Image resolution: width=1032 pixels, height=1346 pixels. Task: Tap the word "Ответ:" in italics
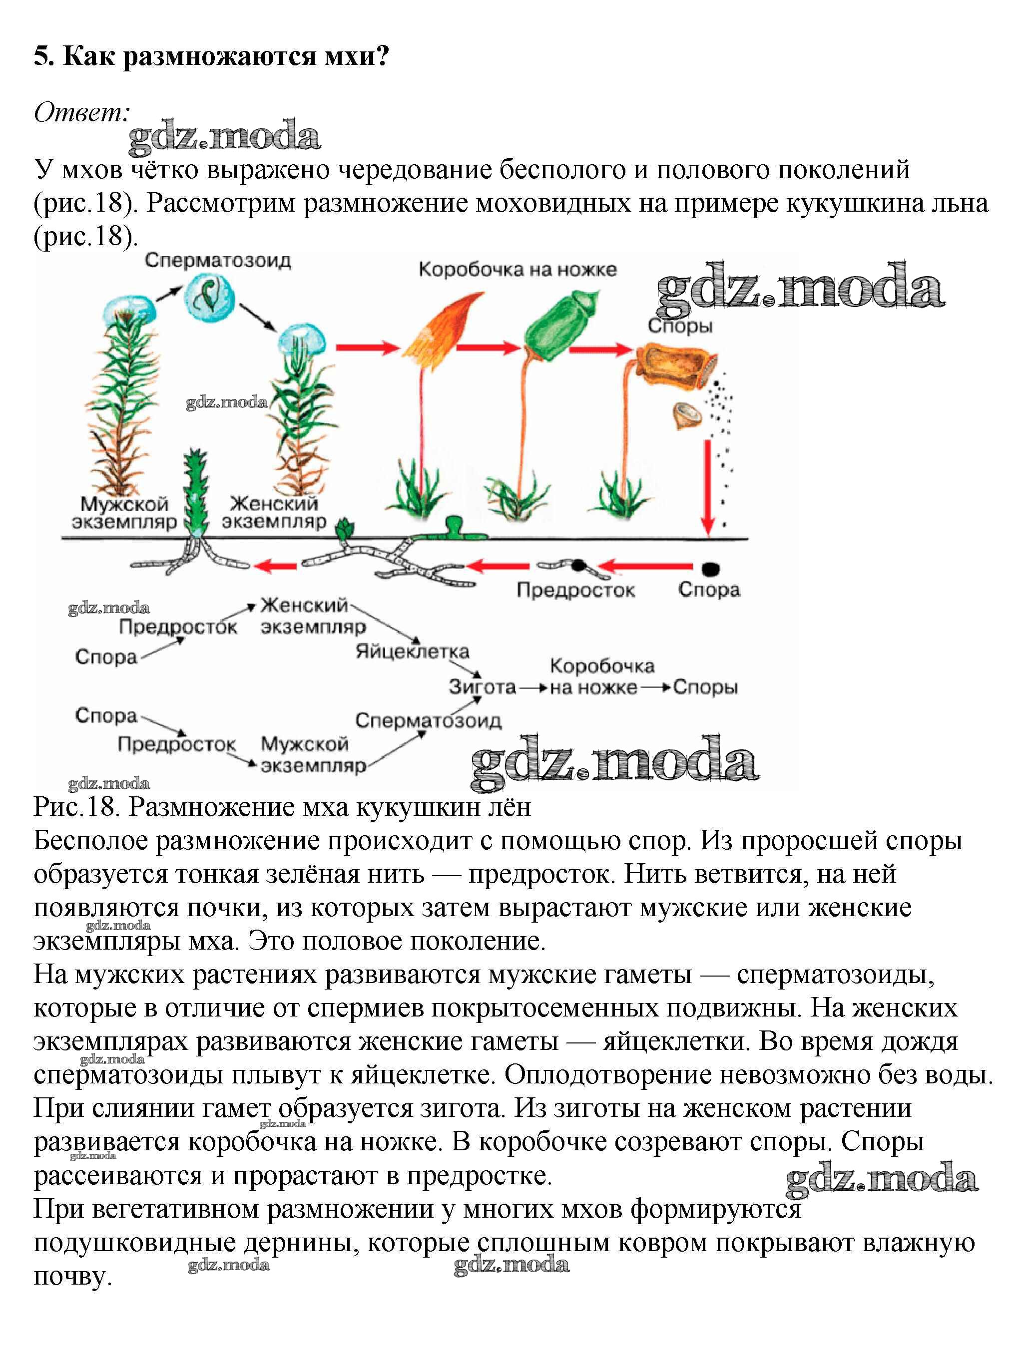point(82,112)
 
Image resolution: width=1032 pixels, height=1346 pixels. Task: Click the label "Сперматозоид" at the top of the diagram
point(218,260)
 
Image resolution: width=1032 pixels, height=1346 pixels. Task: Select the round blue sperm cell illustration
point(209,297)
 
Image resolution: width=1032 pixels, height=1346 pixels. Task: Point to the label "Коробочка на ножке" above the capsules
point(517,270)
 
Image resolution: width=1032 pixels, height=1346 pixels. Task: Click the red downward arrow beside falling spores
point(708,485)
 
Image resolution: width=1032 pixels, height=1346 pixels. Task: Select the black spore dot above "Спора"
point(710,569)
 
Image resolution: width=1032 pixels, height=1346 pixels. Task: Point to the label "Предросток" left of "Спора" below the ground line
point(575,590)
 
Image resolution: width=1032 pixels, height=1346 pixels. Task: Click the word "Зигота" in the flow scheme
point(482,686)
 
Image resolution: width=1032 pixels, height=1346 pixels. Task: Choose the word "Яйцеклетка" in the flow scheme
point(412,651)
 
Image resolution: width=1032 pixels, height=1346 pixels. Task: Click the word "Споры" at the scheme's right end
point(705,686)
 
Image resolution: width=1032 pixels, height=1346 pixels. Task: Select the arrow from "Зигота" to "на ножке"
point(532,688)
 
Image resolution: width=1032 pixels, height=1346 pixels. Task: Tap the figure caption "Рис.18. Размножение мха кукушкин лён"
point(283,807)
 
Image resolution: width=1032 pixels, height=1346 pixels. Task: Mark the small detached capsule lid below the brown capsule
point(687,416)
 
